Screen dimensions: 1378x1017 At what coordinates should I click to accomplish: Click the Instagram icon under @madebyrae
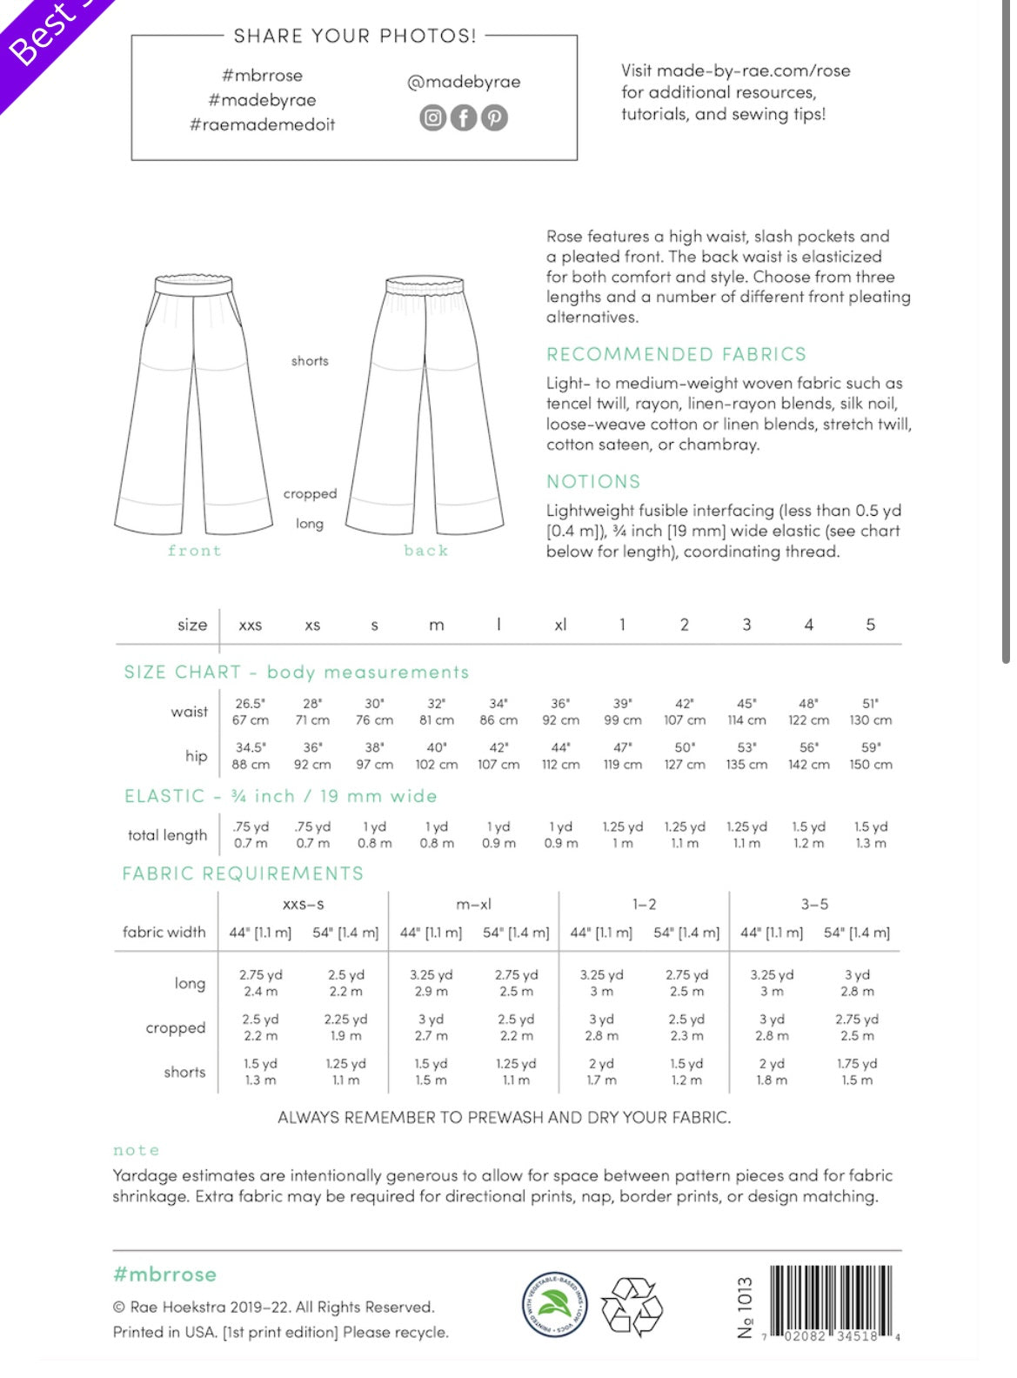click(x=432, y=117)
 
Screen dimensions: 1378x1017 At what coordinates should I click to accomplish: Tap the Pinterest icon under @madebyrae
click(x=494, y=117)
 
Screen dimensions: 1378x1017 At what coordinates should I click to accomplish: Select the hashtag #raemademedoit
click(x=262, y=124)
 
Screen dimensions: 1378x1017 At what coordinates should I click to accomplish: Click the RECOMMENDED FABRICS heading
click(x=676, y=354)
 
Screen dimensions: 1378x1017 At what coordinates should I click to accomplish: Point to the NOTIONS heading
click(x=593, y=481)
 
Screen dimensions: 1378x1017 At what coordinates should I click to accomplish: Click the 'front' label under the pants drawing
click(x=194, y=551)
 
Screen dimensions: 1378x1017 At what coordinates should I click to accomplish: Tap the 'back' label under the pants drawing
click(x=425, y=551)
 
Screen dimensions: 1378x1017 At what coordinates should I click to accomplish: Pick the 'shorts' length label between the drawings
click(x=310, y=361)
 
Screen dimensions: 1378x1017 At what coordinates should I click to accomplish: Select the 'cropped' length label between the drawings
click(x=310, y=493)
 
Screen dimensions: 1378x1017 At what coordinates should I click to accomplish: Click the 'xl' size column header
click(x=560, y=625)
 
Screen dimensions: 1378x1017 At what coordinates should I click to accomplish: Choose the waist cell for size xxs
click(x=251, y=712)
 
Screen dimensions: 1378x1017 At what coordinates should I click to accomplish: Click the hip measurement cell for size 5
click(x=871, y=755)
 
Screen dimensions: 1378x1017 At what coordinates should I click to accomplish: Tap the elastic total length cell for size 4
click(x=808, y=834)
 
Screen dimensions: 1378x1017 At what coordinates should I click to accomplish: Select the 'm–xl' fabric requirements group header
click(x=473, y=905)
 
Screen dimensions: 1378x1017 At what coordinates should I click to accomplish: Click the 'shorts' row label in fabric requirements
click(x=184, y=1072)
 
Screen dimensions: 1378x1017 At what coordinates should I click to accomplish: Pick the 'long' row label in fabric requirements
click(x=190, y=983)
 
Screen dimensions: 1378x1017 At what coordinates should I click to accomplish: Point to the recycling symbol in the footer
click(x=632, y=1306)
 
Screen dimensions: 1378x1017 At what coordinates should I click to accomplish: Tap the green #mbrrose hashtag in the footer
click(x=164, y=1274)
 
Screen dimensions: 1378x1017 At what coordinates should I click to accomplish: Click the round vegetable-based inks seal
click(x=554, y=1304)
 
